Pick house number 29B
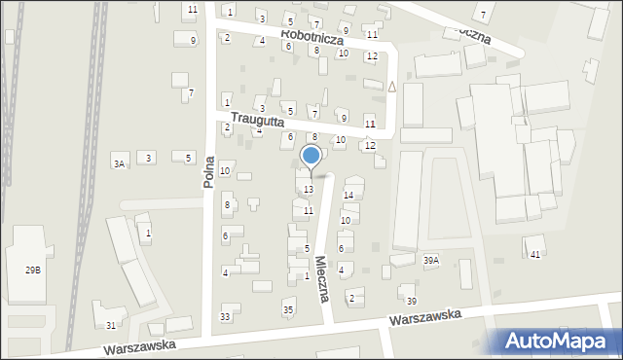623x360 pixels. point(34,270)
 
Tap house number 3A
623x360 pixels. point(119,164)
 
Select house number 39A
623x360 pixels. point(431,260)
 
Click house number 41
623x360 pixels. point(535,254)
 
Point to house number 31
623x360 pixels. point(112,325)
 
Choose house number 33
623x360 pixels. point(226,317)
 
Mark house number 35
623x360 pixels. point(288,309)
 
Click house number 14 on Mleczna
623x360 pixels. point(348,195)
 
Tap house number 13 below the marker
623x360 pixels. point(309,189)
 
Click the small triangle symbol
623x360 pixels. point(391,86)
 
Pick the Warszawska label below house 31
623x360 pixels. point(143,344)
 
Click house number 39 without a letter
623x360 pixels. point(412,301)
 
